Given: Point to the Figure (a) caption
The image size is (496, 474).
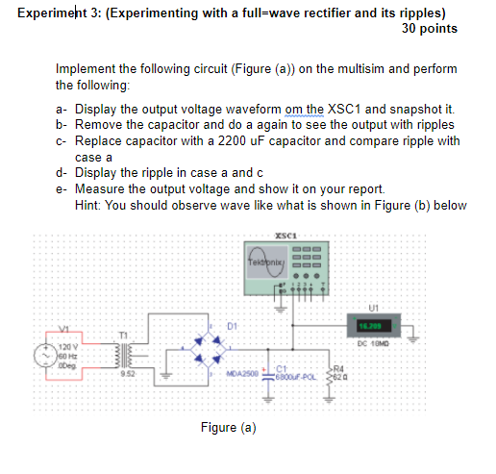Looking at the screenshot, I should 228,427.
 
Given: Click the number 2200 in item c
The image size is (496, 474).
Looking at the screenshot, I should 218,140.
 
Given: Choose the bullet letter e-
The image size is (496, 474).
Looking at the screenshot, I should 62,189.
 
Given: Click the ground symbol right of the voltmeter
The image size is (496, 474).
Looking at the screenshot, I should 414,337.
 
